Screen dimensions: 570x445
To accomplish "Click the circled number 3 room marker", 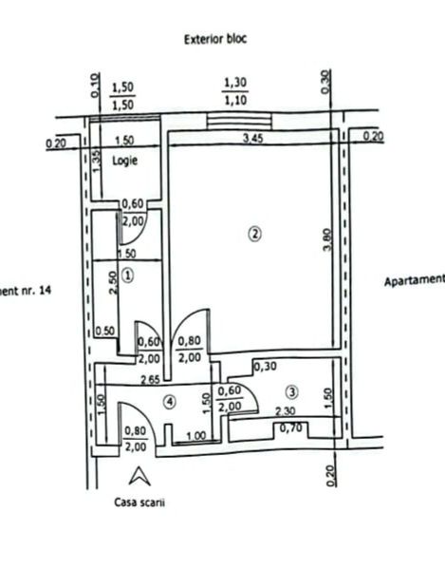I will [x=291, y=390].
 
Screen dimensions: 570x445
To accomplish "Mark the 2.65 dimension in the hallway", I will [x=147, y=380].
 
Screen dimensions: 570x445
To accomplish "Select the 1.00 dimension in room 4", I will [x=195, y=436].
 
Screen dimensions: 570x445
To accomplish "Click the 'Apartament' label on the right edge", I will [x=414, y=281].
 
